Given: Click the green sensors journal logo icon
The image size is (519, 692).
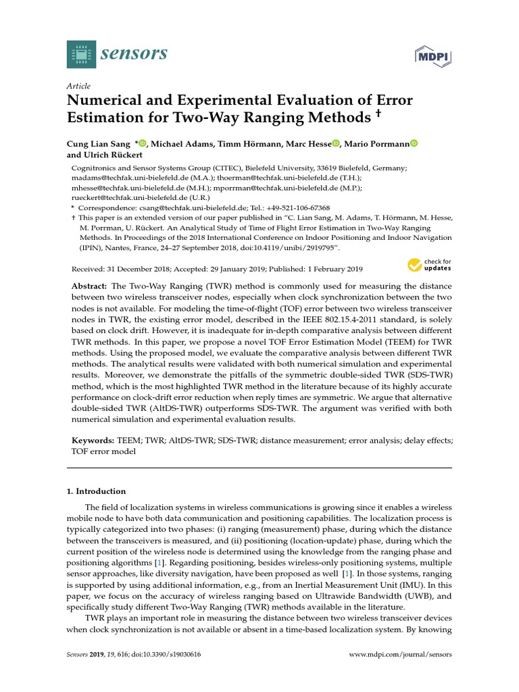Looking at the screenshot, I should coord(81,54).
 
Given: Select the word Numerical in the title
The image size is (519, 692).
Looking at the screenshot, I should coord(101,101).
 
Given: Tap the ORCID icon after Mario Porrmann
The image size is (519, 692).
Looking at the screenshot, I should coord(414,143).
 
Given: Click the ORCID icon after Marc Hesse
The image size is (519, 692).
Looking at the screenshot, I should coord(336,143).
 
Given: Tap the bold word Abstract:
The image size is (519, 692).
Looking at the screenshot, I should coord(91,287).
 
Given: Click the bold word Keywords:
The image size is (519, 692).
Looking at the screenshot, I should coord(93,440).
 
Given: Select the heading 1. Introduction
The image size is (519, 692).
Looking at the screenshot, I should coord(100,491).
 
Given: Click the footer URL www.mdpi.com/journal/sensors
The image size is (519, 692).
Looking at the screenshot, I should coord(399,655).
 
